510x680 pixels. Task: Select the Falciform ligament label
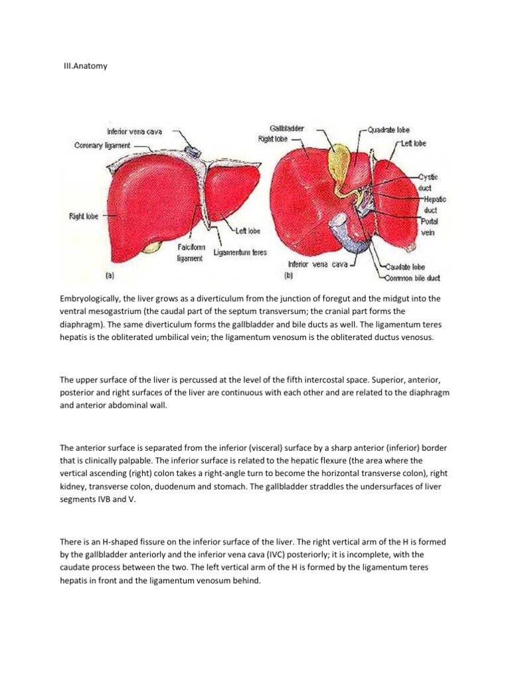point(190,252)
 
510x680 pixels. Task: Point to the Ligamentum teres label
point(240,252)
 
